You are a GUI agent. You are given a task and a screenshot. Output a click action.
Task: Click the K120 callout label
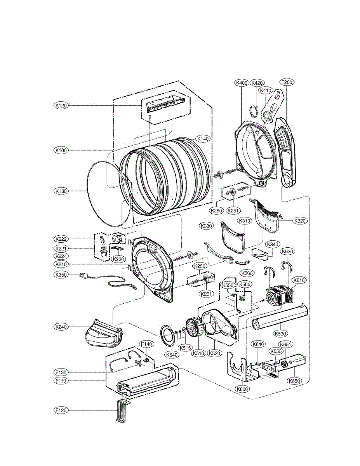(61, 105)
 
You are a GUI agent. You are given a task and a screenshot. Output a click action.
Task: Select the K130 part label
(61, 191)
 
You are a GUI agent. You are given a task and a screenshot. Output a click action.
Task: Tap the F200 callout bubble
(287, 82)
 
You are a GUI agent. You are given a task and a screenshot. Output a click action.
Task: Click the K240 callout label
(61, 327)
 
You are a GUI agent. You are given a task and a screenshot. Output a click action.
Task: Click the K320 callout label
(299, 221)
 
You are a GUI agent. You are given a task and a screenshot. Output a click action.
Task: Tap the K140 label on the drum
(203, 139)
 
